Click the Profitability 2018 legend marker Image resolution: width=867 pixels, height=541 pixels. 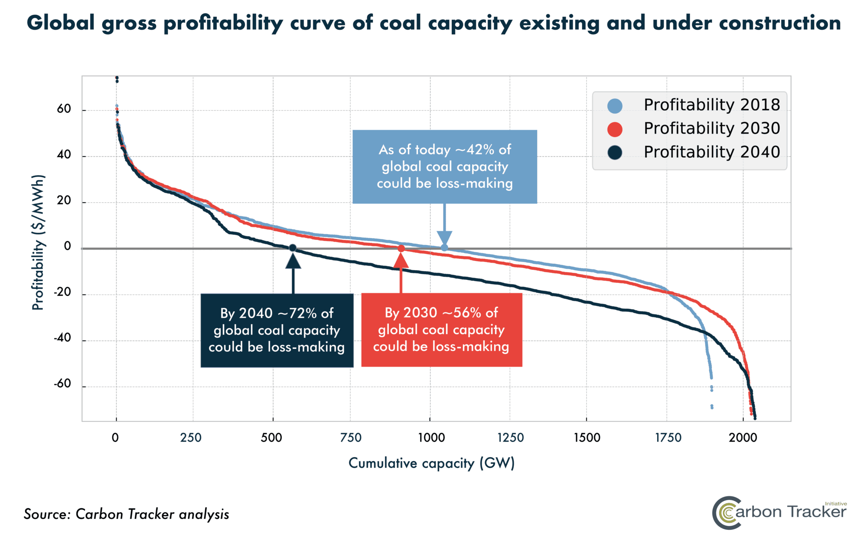click(x=615, y=106)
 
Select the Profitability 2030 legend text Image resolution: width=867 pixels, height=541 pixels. click(x=711, y=128)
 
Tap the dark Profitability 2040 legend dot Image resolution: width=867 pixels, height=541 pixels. click(x=615, y=153)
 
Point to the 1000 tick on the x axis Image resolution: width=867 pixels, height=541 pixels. click(x=431, y=437)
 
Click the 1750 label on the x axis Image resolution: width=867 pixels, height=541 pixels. click(x=668, y=437)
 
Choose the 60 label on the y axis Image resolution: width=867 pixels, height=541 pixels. click(x=64, y=109)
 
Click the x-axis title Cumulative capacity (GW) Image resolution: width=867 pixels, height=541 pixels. click(x=431, y=463)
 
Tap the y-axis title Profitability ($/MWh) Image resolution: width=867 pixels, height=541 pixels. click(x=38, y=242)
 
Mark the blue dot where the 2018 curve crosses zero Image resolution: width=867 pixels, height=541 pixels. click(x=444, y=248)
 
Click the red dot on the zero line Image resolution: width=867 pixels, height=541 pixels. click(x=401, y=249)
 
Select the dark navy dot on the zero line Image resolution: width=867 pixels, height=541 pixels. click(x=293, y=248)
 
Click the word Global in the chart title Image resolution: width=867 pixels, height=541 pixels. click(x=61, y=23)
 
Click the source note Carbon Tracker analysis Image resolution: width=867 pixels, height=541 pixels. click(x=152, y=514)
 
